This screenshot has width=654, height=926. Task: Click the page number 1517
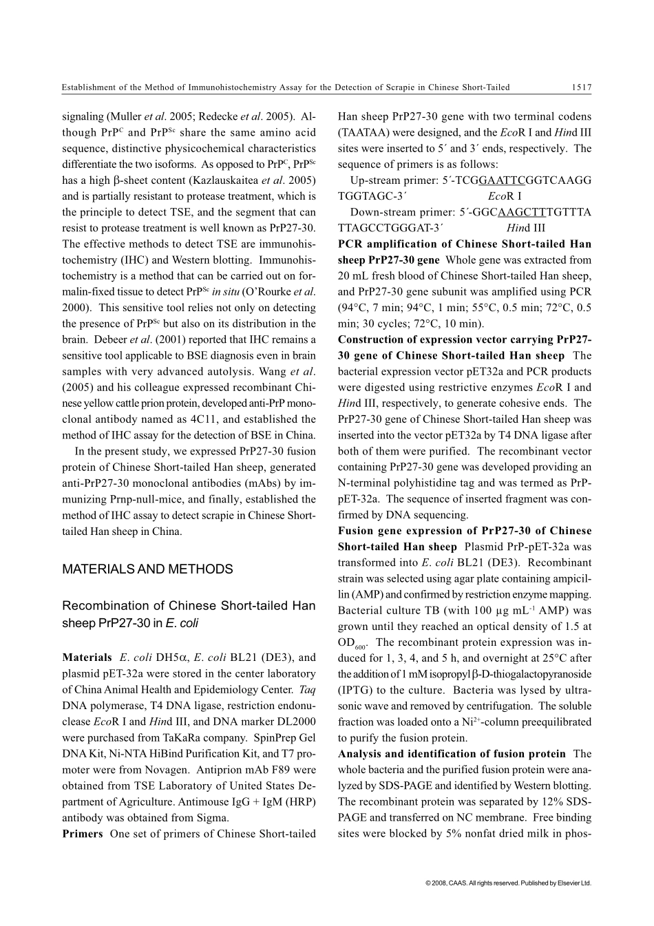pos(581,87)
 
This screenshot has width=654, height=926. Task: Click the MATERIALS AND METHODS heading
pos(147,569)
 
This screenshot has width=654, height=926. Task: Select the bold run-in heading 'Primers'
pos(82,834)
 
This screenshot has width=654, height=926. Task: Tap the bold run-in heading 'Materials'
pos(87,657)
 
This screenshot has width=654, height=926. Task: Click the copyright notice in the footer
pos(508,883)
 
